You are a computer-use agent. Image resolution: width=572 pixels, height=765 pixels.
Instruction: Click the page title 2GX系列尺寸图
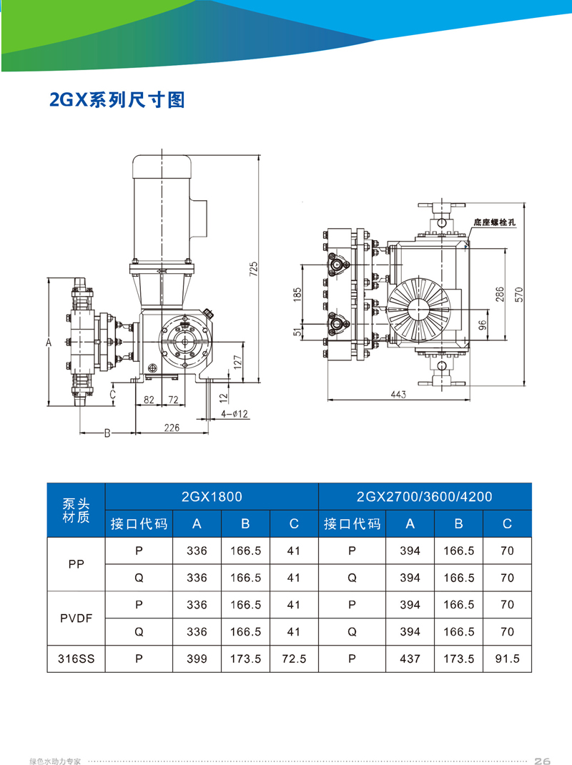117,100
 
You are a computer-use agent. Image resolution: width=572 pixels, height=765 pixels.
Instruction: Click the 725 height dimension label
253,269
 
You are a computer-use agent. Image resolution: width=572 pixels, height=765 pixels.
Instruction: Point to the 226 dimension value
172,428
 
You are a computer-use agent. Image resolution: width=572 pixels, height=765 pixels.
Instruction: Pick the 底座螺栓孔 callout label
495,223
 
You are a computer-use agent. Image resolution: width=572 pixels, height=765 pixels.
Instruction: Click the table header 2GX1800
212,496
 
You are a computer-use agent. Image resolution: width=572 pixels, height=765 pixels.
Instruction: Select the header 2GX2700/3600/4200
425,496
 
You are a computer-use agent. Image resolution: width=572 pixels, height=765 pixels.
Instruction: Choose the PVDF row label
76,618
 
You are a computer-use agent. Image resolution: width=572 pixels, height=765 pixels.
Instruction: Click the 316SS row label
76,659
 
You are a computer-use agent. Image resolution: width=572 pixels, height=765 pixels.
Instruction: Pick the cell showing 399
197,659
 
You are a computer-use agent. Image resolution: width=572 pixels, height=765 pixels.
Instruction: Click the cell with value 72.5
294,659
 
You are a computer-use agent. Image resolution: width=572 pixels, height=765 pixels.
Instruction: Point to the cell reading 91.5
507,659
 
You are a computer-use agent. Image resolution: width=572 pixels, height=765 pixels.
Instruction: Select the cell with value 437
410,659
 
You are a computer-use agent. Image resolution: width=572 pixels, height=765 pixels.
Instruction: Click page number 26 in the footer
542,760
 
